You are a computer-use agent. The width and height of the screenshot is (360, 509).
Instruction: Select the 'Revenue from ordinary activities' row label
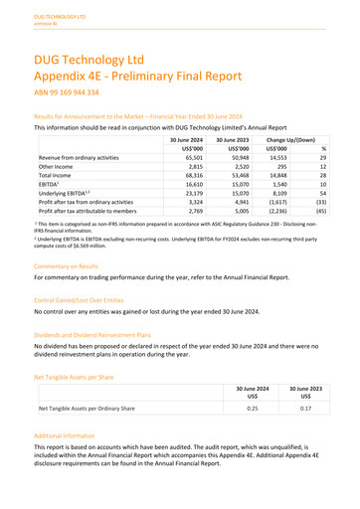(x=80, y=158)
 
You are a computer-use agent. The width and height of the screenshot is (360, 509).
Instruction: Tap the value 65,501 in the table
(x=176, y=158)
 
